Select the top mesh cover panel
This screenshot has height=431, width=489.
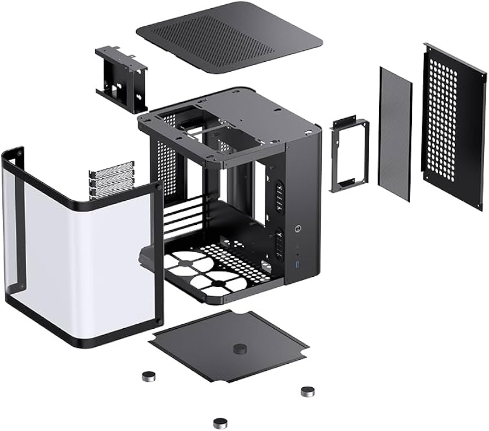(x=229, y=36)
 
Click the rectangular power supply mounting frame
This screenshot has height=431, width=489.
(x=348, y=155)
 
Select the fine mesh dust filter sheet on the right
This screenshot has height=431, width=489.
(x=395, y=137)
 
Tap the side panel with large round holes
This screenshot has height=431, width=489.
(x=453, y=126)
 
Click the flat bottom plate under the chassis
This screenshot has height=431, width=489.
(x=230, y=342)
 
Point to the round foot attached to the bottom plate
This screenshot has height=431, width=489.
(x=241, y=348)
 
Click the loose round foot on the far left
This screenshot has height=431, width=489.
(x=148, y=376)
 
